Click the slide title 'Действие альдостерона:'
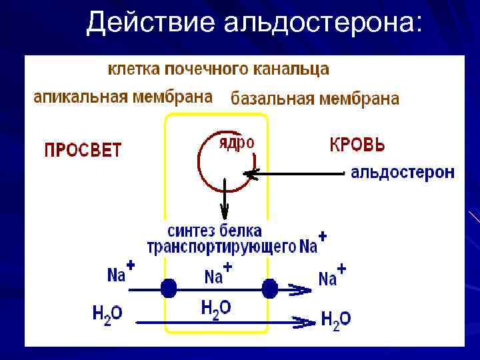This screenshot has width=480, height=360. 254,23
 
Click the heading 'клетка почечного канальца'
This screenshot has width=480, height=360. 219,69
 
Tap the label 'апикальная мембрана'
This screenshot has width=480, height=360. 123,96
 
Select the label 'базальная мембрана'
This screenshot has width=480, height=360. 315,99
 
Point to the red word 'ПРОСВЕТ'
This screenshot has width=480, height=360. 83,149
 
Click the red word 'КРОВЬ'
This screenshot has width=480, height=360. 357,145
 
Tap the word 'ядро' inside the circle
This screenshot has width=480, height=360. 237,143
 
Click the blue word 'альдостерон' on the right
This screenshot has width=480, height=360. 403,173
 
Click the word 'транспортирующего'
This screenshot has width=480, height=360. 221,247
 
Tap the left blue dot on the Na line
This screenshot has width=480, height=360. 169,289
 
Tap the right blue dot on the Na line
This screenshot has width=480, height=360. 269,289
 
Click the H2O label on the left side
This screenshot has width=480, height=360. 107,313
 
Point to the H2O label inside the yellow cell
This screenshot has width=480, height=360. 216,309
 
